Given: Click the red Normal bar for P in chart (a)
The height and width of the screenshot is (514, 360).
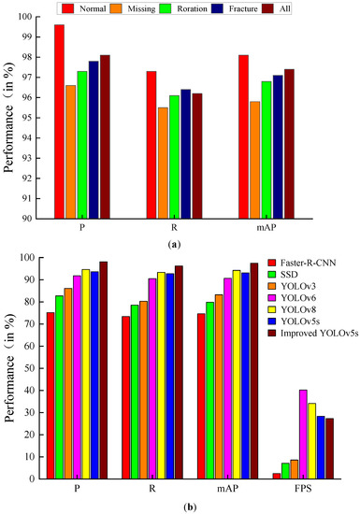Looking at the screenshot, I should pos(59,121).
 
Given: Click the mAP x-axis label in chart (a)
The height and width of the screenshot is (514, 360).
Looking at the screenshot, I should pos(280,230).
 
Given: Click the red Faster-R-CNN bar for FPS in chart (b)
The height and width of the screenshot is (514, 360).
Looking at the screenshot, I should pos(276,476).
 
